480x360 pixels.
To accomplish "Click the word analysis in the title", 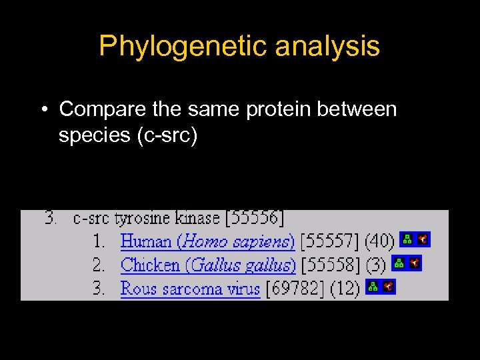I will click(327, 47).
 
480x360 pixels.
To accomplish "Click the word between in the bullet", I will click(361, 109).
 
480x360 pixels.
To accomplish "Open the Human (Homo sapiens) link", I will click(207, 241).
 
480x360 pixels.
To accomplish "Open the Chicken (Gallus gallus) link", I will click(208, 265).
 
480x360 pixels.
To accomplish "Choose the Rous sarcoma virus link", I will click(190, 288).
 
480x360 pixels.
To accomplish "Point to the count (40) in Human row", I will click(379, 241).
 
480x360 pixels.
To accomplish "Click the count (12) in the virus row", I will click(344, 288).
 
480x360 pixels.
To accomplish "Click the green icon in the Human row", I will click(407, 239).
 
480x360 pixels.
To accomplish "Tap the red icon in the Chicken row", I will click(415, 263).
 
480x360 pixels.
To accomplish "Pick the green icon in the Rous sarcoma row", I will click(373, 287).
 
